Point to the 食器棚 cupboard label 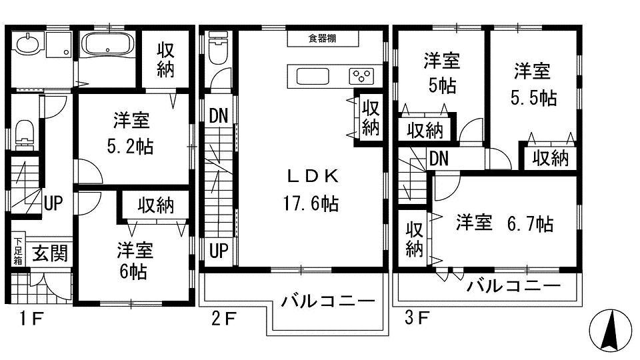pos(322,39)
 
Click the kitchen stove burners pos(364,75)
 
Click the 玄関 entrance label pos(49,253)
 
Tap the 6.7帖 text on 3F pos(531,224)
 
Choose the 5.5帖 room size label pos(534,97)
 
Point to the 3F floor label pos(417,319)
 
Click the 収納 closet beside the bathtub pos(165,61)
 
